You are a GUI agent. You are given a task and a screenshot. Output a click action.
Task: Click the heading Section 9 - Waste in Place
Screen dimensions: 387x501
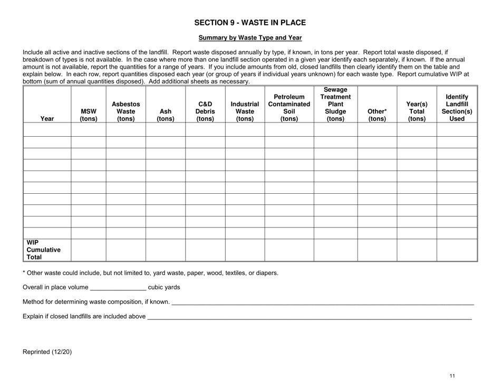[250, 23]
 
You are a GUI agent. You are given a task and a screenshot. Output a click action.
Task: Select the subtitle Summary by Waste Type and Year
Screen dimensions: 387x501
[250, 38]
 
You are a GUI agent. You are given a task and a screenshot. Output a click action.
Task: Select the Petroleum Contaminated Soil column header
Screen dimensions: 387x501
[289, 108]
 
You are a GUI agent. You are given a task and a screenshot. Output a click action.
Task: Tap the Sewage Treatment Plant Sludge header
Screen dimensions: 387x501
[335, 104]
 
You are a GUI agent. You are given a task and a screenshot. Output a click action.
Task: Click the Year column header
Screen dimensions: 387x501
[47, 119]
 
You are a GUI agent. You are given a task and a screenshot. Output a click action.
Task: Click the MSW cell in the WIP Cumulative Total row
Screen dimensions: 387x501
[88, 250]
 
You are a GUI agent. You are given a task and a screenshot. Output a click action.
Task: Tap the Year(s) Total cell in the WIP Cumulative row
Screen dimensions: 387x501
[417, 250]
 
